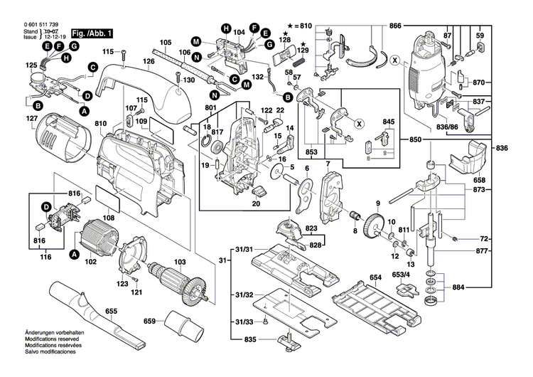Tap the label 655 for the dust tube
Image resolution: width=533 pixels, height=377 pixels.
point(112,312)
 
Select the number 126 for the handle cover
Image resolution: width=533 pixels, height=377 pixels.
point(149,61)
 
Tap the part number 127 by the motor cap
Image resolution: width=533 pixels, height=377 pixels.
point(31,118)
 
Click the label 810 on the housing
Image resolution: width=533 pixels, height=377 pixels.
point(100,123)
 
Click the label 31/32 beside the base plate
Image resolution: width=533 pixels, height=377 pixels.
point(244,294)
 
